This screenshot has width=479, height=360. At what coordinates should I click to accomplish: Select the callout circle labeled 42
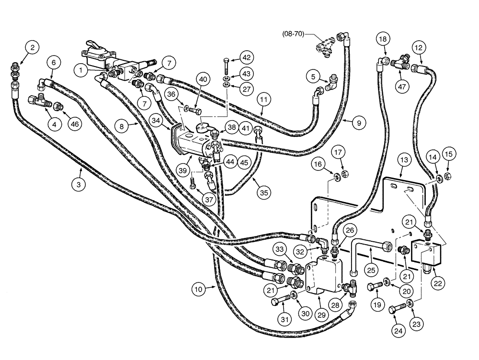[x=246, y=58]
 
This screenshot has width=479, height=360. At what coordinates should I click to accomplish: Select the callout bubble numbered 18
[x=382, y=39]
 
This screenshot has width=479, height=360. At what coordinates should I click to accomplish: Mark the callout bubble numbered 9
[x=357, y=123]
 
